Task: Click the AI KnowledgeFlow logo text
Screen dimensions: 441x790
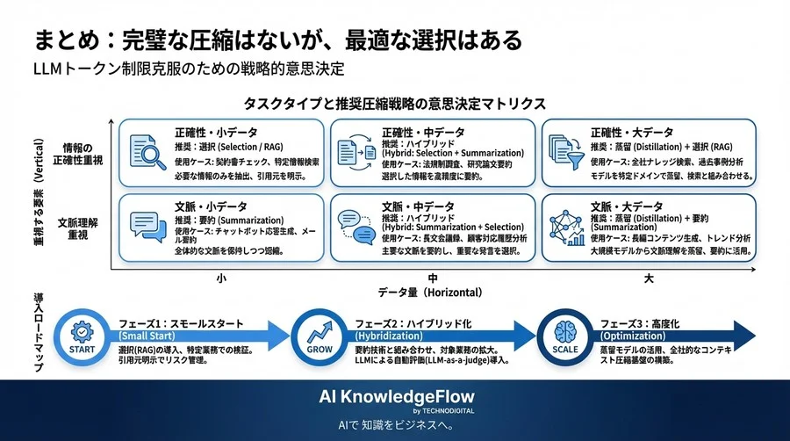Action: pos(394,397)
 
